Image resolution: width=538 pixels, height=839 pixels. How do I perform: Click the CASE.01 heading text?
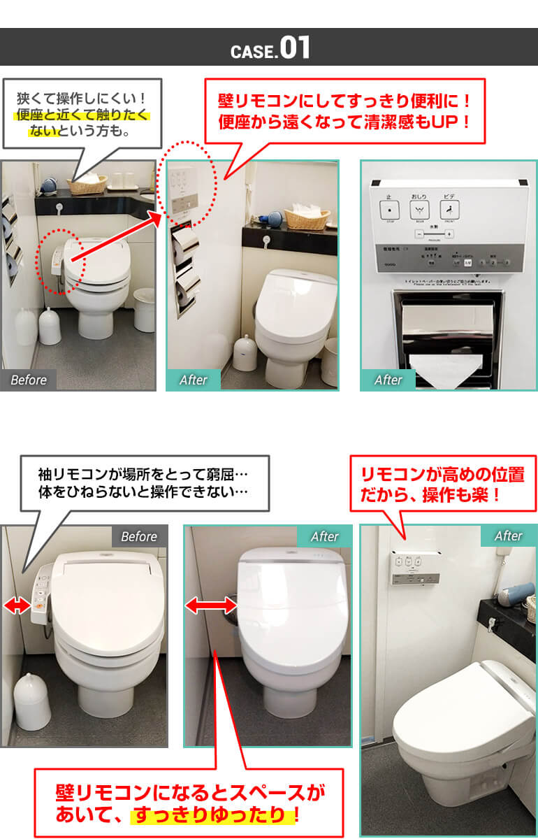[270, 48]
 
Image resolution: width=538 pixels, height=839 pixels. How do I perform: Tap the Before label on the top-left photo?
[29, 380]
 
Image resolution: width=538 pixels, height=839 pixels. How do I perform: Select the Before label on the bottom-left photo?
[139, 536]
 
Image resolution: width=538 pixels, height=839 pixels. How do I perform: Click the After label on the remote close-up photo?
[388, 380]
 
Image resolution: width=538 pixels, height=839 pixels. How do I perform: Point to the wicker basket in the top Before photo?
[87, 184]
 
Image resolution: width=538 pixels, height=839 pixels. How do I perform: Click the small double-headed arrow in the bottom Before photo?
[17, 607]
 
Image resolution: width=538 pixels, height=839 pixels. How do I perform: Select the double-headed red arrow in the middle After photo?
[210, 606]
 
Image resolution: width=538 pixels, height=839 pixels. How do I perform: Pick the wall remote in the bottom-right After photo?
[415, 567]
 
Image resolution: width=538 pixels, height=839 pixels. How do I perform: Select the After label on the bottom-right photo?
[508, 536]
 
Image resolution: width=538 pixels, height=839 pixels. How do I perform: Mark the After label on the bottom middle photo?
[324, 536]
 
